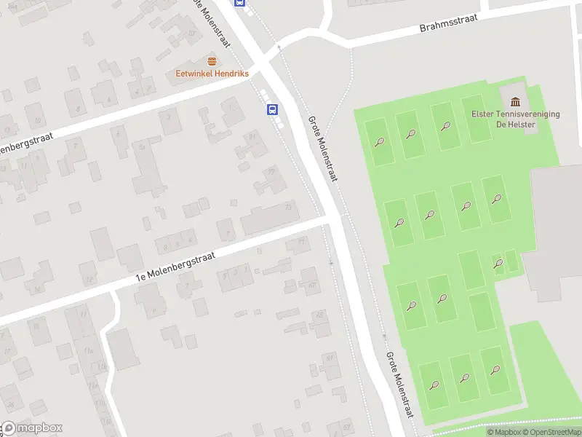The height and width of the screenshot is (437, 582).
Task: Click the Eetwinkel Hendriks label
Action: pyautogui.click(x=212, y=74)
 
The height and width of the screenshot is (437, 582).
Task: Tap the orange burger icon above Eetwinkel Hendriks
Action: pyautogui.click(x=212, y=61)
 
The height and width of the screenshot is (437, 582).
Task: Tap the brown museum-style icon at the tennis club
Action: pyautogui.click(x=516, y=101)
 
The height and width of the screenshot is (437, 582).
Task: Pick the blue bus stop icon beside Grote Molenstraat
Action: pyautogui.click(x=272, y=110)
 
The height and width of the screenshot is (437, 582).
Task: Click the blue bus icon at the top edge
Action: pyautogui.click(x=239, y=2)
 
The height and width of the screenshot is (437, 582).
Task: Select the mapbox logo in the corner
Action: pyautogui.click(x=31, y=428)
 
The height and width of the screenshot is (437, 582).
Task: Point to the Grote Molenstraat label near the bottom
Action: pyautogui.click(x=399, y=385)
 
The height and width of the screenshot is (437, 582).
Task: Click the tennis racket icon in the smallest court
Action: pyautogui.click(x=498, y=262)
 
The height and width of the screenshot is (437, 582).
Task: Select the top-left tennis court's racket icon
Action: pyautogui.click(x=379, y=141)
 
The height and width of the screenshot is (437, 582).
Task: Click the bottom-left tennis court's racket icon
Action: pyautogui.click(x=434, y=385)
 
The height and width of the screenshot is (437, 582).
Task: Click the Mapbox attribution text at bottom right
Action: pyautogui.click(x=503, y=433)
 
